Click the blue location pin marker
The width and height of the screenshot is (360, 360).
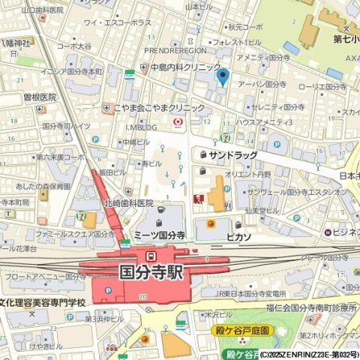tap(221, 76)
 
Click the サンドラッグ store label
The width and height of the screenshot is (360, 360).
tap(233, 154)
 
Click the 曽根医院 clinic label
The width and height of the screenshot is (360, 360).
tap(39, 97)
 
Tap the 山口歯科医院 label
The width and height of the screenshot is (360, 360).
tap(42, 10)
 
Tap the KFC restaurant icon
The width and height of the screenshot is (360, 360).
tap(199, 199)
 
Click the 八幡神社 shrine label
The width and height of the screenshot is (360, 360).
tap(14, 43)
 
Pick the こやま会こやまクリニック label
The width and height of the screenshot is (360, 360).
tap(158, 108)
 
